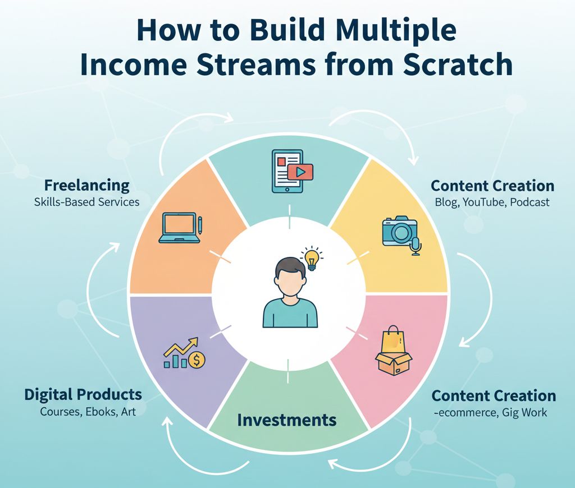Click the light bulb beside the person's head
pyautogui.click(x=313, y=259)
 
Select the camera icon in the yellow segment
pyautogui.click(x=399, y=231)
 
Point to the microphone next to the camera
pyautogui.click(x=416, y=246)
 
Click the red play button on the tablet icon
pyautogui.click(x=300, y=172)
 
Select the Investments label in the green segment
pyautogui.click(x=287, y=420)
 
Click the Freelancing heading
pyautogui.click(x=87, y=185)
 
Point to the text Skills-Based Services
pyautogui.click(x=86, y=201)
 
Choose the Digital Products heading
pyautogui.click(x=83, y=394)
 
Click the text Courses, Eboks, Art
pyautogui.click(x=88, y=411)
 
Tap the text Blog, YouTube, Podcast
pyautogui.click(x=492, y=202)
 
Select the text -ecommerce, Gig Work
pyautogui.click(x=490, y=413)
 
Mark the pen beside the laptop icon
pyautogui.click(x=200, y=224)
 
